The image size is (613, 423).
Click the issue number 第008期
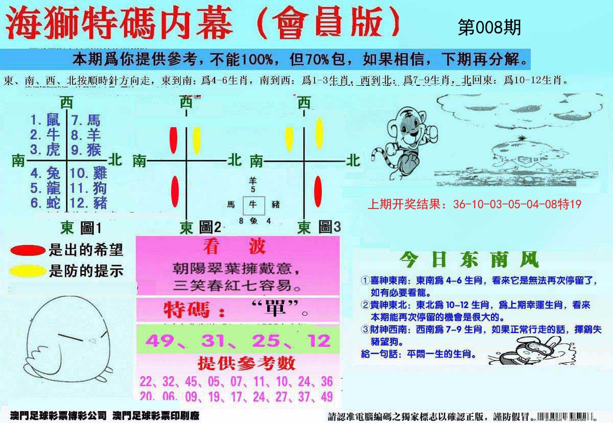489,28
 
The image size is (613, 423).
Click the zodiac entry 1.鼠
45,121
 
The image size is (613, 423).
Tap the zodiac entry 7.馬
86,121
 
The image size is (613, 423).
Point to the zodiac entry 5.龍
45,188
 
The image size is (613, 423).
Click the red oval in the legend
28,250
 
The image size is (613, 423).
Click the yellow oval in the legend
28,271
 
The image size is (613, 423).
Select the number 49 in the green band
160,341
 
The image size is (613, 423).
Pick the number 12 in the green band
320,341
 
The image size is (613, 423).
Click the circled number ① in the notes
364,280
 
